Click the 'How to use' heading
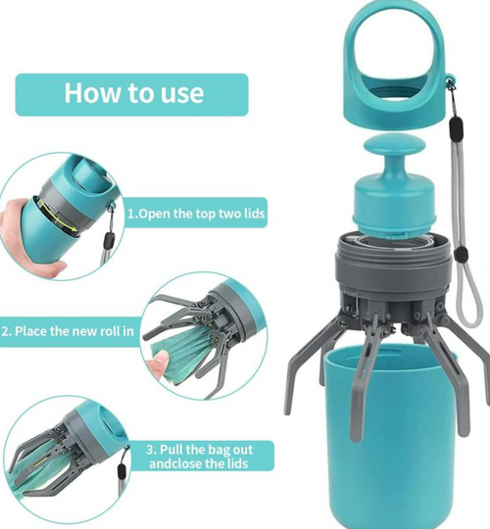[x=134, y=93]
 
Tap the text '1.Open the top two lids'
[x=196, y=214]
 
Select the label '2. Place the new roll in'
[x=68, y=331]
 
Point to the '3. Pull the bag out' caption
[x=200, y=450]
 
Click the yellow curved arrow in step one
[x=58, y=216]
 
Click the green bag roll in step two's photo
[x=182, y=351]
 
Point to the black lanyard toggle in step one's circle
[x=108, y=239]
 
